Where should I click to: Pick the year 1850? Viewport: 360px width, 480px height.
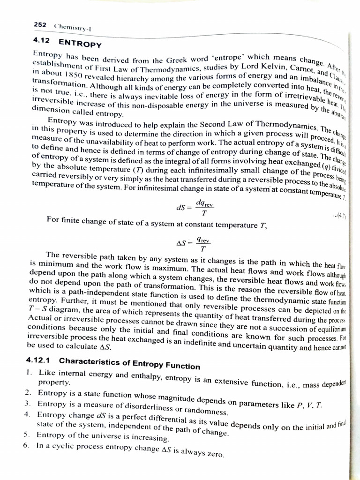point(78,78)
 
